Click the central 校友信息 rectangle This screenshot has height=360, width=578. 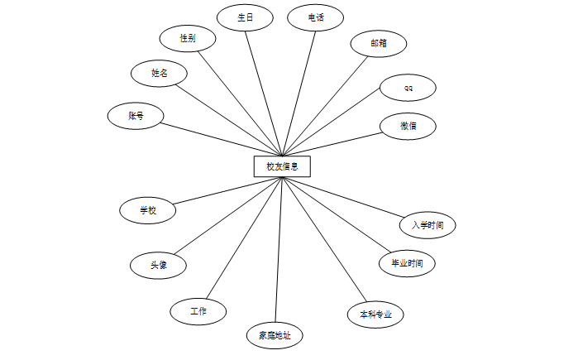click(282, 166)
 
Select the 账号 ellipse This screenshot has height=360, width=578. click(136, 116)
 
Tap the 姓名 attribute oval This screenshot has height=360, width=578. click(159, 73)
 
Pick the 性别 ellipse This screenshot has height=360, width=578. click(188, 38)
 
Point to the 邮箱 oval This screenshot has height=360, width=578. click(378, 43)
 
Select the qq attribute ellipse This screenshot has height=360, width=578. click(408, 87)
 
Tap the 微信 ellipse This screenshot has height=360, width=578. click(408, 126)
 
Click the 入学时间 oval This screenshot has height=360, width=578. click(427, 224)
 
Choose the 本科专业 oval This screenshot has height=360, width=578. click(375, 314)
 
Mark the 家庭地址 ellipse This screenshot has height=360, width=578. click(275, 335)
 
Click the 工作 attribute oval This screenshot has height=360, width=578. click(198, 311)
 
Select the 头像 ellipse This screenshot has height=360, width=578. click(158, 266)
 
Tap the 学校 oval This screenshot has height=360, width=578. click(147, 210)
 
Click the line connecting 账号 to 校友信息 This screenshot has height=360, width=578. click(220, 139)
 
